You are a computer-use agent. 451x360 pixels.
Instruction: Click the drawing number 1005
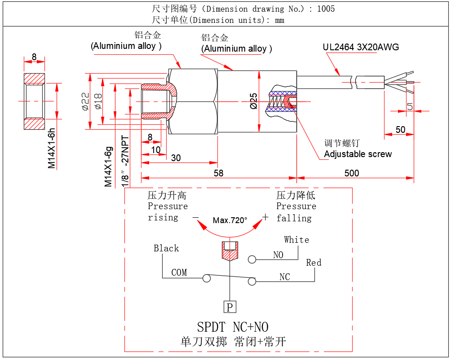(x=326, y=9)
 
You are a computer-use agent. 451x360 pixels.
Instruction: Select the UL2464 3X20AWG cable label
(x=361, y=47)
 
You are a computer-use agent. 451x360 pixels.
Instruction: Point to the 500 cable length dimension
(x=352, y=173)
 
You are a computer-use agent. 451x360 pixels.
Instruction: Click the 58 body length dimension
(x=218, y=173)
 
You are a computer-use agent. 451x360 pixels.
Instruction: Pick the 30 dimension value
(x=176, y=158)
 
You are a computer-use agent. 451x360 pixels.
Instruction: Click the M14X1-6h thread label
(x=52, y=148)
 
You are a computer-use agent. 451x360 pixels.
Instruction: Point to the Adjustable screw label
(x=358, y=154)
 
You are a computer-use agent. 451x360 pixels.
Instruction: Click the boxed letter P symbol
(x=230, y=307)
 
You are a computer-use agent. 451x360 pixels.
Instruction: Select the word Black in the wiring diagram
(x=166, y=248)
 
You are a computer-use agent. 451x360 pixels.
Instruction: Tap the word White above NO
(x=296, y=240)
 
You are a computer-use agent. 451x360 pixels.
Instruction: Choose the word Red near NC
(x=314, y=263)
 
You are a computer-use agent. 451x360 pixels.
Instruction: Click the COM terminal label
(x=179, y=272)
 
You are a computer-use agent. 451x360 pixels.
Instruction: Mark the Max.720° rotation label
(x=230, y=220)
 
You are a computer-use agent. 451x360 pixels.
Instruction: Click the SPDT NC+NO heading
(x=233, y=326)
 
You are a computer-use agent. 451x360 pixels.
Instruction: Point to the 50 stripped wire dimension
(x=400, y=130)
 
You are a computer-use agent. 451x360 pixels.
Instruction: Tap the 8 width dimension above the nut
(x=34, y=57)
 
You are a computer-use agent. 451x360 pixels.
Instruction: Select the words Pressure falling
(x=296, y=212)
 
